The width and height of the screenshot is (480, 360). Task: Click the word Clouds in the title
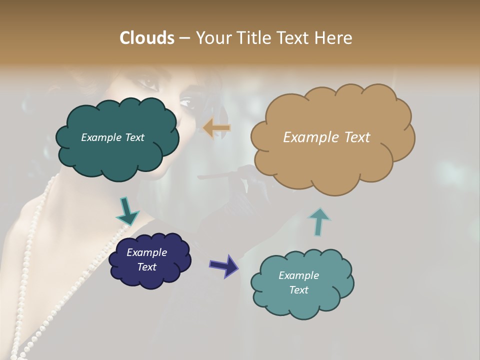pos(147,37)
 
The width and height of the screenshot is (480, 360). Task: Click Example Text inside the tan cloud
pos(326,137)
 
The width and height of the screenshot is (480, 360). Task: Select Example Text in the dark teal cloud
pos(112,137)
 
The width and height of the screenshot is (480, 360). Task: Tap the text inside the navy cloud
pos(146,259)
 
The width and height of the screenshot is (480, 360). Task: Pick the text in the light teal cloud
pos(298,282)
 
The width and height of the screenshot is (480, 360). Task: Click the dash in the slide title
pos(184,38)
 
